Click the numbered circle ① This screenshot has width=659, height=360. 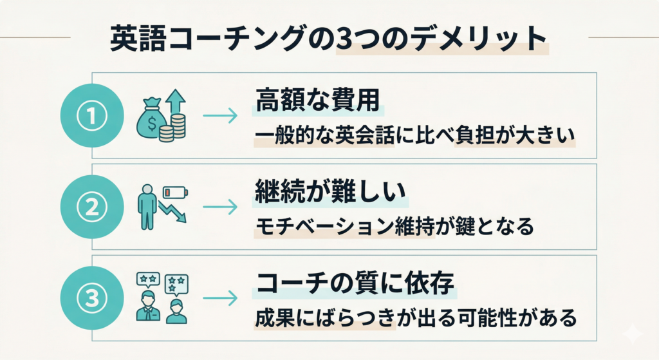(x=91, y=116)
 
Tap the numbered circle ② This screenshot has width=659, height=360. (x=91, y=207)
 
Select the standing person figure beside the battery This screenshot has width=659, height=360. (x=148, y=207)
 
